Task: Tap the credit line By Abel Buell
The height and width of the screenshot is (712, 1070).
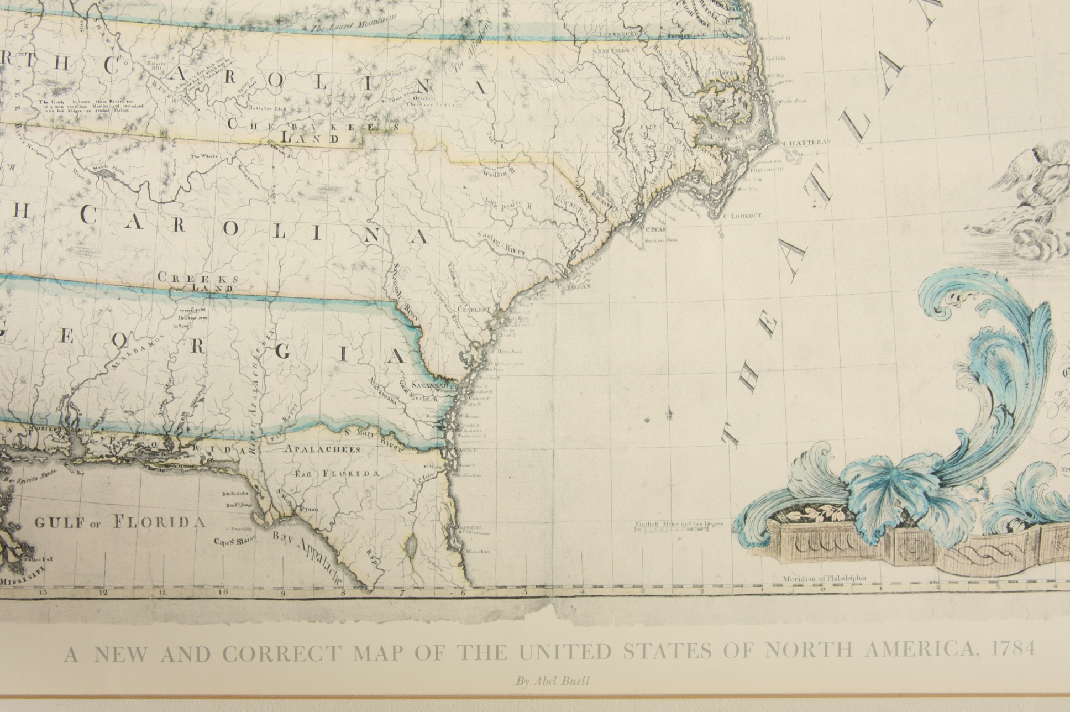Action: pos(552,682)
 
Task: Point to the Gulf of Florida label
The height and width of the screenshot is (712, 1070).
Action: pos(120,522)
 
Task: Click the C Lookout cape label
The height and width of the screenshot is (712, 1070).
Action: pos(743,216)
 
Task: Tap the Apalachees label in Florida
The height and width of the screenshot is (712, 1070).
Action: pos(322,449)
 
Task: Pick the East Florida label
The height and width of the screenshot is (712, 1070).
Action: pos(337,474)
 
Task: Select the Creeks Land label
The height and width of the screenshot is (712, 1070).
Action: pos(198,281)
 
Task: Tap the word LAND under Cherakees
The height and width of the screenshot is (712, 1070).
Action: pos(309,137)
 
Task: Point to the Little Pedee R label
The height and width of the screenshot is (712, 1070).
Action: pos(508,205)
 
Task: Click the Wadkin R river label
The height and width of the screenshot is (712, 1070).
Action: pos(499,172)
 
